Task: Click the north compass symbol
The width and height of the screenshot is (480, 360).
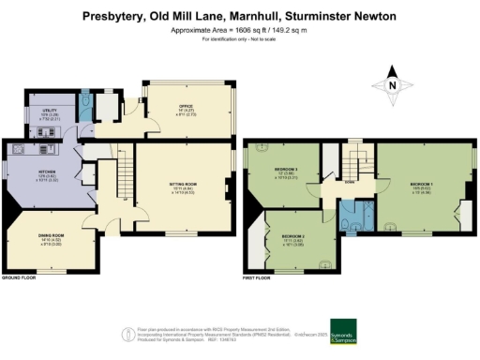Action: click(x=394, y=85)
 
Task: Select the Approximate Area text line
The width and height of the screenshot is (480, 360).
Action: click(x=239, y=30)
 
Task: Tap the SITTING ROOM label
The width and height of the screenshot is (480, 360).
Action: click(x=184, y=171)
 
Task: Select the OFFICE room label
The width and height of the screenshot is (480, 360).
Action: click(x=186, y=106)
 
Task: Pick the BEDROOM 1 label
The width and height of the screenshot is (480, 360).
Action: click(x=420, y=185)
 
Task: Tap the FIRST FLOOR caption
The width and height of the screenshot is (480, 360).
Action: click(x=262, y=278)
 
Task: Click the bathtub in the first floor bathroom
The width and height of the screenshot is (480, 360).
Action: click(x=352, y=208)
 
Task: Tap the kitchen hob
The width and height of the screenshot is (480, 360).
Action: click(x=18, y=149)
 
